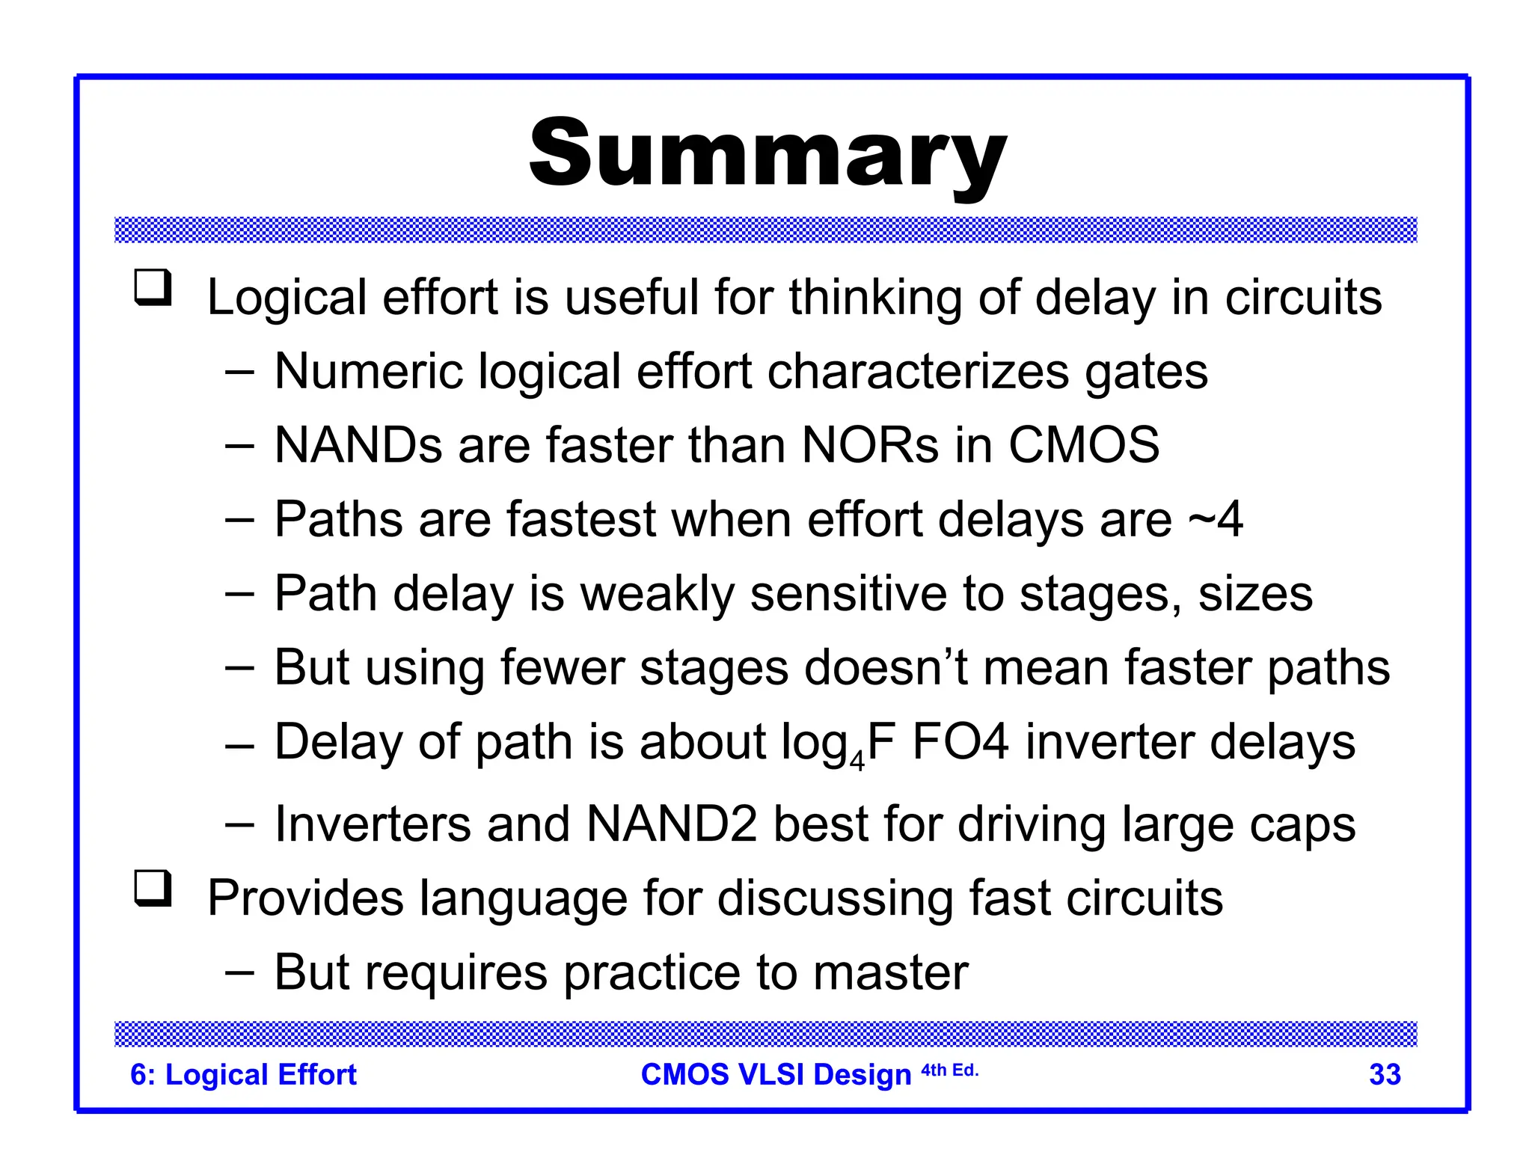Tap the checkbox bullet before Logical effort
[153, 288]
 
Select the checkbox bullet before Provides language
[153, 889]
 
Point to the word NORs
[869, 446]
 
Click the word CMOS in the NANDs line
[1083, 446]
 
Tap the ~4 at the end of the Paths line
[1216, 520]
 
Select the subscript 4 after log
[857, 762]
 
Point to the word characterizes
[918, 372]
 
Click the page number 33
[1385, 1075]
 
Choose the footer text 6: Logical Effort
[243, 1075]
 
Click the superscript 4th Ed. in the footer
[949, 1070]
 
